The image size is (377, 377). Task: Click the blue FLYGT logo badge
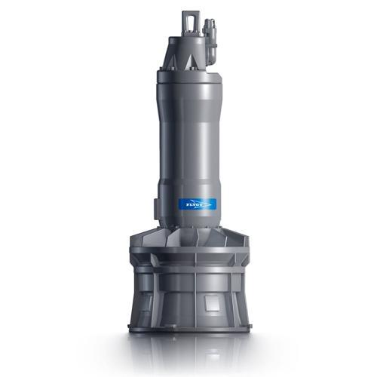point(198,204)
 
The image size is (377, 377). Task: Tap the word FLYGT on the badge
point(193,205)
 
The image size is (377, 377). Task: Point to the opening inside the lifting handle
point(190,20)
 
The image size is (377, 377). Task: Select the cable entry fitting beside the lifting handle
point(210,41)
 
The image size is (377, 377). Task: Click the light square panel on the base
point(212,303)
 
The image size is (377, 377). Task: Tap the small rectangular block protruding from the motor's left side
point(156,209)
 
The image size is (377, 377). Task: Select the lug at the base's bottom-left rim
point(130,326)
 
